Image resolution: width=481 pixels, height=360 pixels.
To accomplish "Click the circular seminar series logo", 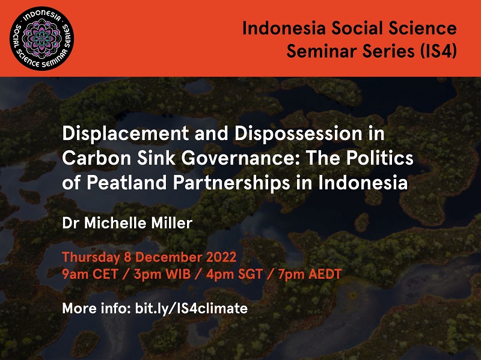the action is (x=41, y=38).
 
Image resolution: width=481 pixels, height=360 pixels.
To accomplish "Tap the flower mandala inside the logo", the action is (x=41, y=38).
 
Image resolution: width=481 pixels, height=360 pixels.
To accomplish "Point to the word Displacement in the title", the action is (x=126, y=134).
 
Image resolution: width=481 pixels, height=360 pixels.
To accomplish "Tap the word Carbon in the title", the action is (x=97, y=158).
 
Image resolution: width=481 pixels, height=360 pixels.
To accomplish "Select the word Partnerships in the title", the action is (x=231, y=183).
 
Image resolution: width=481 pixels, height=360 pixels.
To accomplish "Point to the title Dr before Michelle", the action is (x=70, y=223).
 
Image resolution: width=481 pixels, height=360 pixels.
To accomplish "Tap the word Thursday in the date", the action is (x=91, y=258).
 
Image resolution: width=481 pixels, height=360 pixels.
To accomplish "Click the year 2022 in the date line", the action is (x=221, y=257).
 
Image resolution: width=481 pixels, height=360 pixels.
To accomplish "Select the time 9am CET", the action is (x=90, y=274).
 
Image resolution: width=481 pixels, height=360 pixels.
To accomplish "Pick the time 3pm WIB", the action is (x=162, y=274).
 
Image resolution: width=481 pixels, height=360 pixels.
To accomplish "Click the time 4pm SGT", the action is (x=234, y=274).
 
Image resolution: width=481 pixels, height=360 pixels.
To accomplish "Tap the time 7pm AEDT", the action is (x=310, y=274).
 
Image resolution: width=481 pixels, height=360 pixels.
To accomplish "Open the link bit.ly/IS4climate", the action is (x=191, y=308).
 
